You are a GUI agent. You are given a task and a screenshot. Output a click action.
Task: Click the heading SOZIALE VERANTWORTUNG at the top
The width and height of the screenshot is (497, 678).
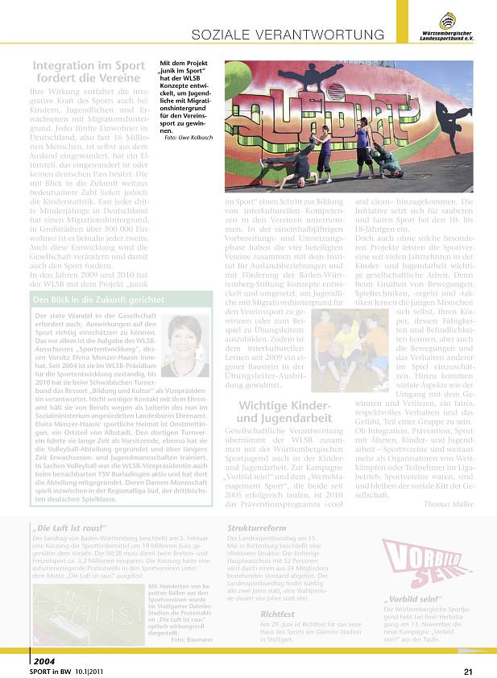pos(287,35)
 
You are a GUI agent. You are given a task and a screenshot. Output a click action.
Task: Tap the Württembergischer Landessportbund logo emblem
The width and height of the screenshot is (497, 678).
pos(449,20)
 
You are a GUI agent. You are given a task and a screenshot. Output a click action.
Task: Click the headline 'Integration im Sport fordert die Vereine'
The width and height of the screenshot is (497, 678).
pos(89,72)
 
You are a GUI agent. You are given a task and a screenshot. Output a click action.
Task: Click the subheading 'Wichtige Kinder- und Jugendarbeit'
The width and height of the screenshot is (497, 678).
pos(285,412)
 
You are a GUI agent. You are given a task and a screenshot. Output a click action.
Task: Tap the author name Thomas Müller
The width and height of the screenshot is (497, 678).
pos(448,503)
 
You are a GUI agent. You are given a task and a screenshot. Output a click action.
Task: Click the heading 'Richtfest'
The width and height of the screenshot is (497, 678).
pos(277,613)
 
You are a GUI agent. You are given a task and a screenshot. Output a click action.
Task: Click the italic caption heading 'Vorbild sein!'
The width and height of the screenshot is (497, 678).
pos(413,622)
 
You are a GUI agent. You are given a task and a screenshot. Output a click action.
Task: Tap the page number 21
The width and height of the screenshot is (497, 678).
pos(468,670)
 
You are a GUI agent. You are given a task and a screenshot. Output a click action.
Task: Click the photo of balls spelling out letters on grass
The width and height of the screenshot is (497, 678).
pos(89,614)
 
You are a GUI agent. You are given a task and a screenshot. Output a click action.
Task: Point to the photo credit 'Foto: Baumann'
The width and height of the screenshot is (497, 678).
pos(192,661)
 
